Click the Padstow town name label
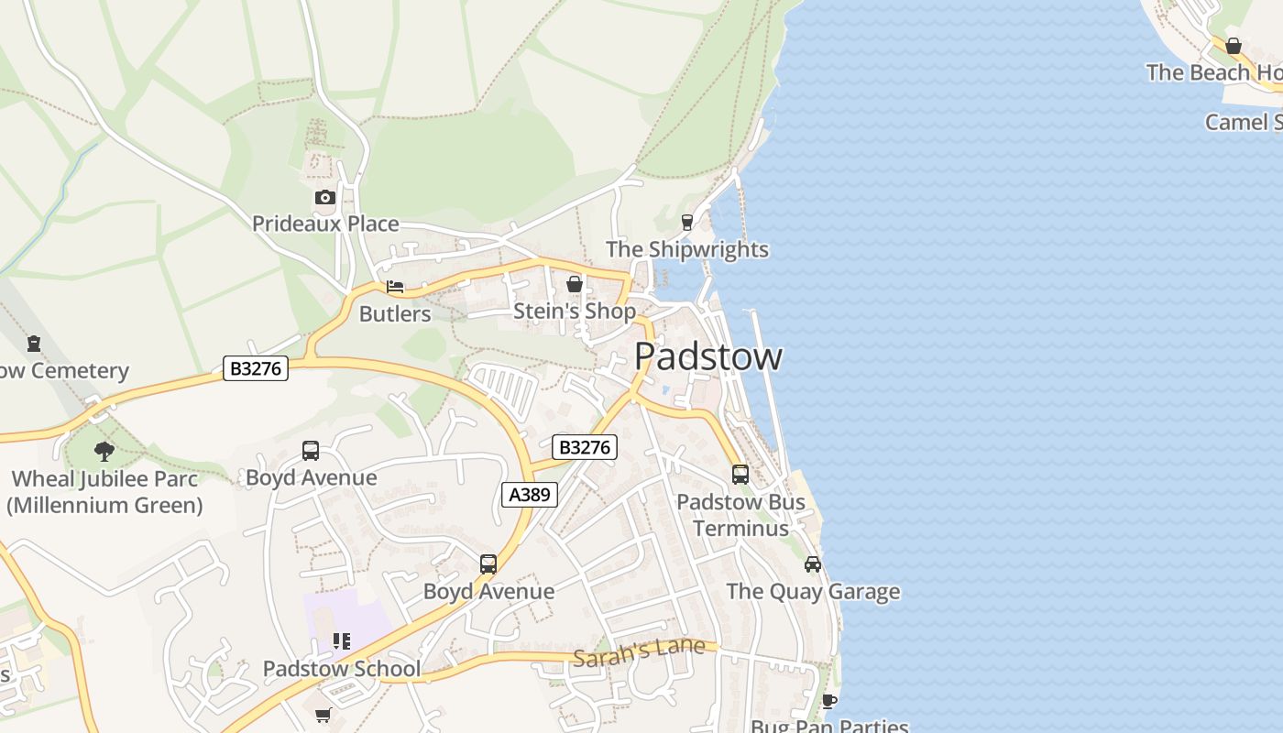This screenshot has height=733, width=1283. click(x=707, y=356)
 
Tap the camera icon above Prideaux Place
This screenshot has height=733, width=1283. click(x=324, y=197)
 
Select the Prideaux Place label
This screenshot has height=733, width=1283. click(x=325, y=224)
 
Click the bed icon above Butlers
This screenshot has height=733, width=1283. click(x=395, y=287)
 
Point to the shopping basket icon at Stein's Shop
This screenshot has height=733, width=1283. click(x=575, y=285)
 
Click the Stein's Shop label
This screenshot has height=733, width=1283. click(x=574, y=312)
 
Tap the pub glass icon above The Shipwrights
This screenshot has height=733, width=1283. click(x=687, y=223)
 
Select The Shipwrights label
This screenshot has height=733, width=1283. click(x=687, y=249)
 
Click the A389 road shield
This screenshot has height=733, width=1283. click(x=530, y=495)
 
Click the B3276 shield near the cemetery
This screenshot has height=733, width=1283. click(x=256, y=368)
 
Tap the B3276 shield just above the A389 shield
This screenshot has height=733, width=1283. click(x=585, y=447)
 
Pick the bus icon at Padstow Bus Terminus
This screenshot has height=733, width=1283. click(x=740, y=475)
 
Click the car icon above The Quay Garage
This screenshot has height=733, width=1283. click(x=813, y=563)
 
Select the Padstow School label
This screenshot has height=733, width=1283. click(x=342, y=669)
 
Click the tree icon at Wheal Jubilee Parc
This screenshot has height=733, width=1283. click(x=104, y=451)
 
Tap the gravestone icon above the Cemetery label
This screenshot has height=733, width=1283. click(x=34, y=345)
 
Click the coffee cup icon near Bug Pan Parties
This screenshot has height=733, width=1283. click(x=829, y=701)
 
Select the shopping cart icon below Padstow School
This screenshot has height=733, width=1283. click(x=323, y=715)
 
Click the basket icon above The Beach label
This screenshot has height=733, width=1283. click(x=1234, y=46)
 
